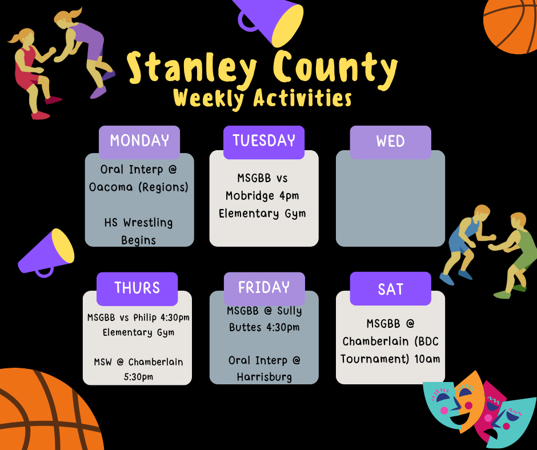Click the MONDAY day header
pos(139,141)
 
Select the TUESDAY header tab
pos(264,141)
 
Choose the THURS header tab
pos(137,288)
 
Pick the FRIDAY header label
pos(264,287)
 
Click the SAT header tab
pos(390,290)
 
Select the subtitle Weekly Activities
pos(262,98)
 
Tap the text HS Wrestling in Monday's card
pos(138,223)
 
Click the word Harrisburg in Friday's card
pos(264,377)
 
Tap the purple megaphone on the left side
pos(47,253)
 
